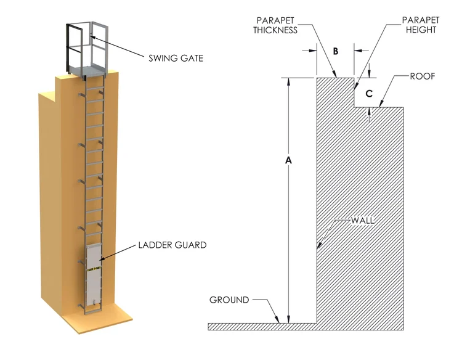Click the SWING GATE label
click(x=175, y=59)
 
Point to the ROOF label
click(x=423, y=76)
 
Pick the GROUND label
click(x=229, y=300)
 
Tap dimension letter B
click(x=335, y=51)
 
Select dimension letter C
click(x=369, y=94)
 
